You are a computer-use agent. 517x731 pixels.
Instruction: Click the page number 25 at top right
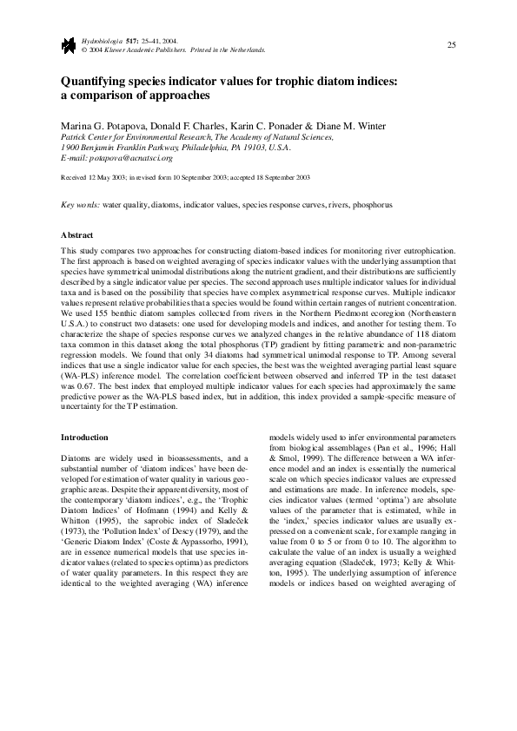[x=451, y=44]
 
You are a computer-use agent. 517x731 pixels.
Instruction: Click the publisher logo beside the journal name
[x=67, y=44]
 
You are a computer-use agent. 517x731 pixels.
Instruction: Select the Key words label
[x=80, y=206]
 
